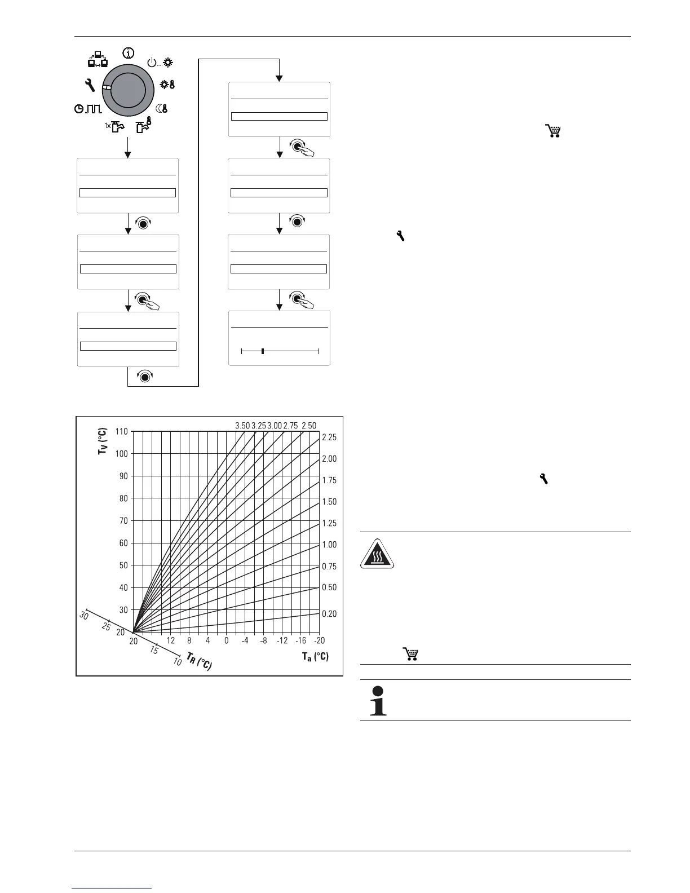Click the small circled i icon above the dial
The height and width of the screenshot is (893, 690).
(129, 53)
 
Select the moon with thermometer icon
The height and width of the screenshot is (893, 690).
(162, 108)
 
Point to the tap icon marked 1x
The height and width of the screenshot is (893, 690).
(114, 128)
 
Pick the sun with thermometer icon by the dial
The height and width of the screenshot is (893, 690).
(168, 85)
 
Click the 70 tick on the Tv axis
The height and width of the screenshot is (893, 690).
(123, 521)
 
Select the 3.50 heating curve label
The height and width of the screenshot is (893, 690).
(242, 426)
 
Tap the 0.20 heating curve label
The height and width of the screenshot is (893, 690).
(329, 614)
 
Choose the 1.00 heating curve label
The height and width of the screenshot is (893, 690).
(329, 545)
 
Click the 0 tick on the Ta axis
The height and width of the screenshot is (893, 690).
(226, 640)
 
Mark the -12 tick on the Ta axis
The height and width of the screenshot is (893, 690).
(282, 640)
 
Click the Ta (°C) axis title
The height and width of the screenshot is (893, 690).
(315, 656)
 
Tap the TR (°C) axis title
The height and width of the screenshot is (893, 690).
(199, 661)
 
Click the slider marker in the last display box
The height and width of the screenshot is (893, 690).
(263, 351)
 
